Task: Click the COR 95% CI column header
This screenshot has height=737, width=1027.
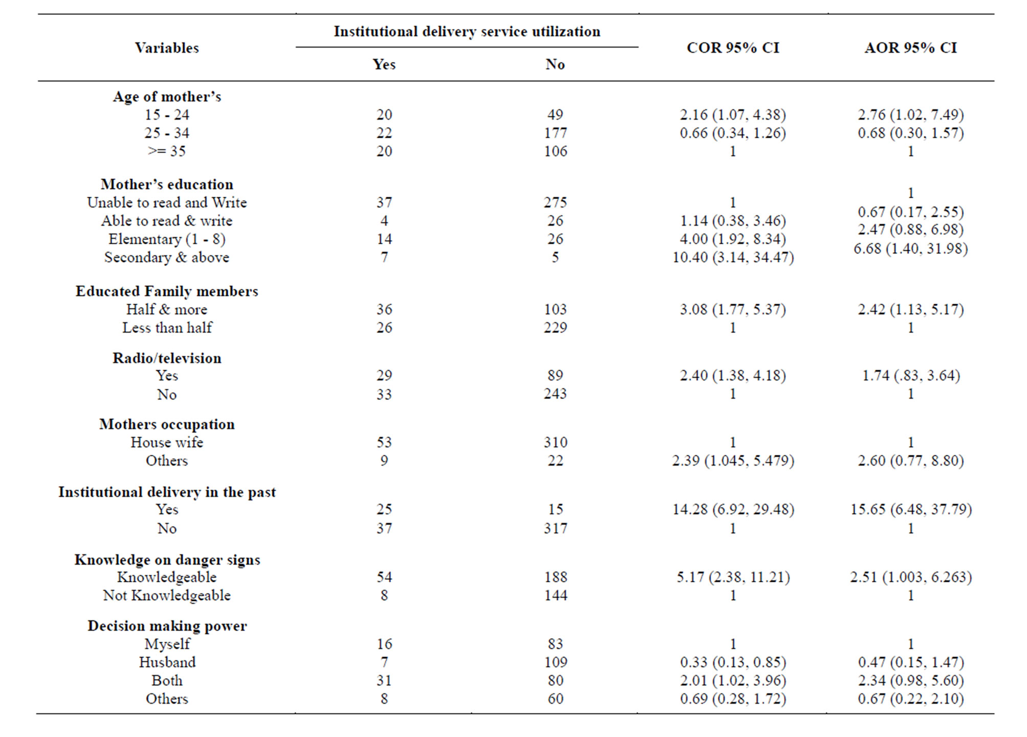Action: (732, 48)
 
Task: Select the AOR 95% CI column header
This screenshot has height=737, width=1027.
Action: (910, 48)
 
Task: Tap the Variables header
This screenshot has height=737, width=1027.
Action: (167, 48)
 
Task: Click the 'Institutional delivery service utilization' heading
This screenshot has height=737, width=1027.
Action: (467, 32)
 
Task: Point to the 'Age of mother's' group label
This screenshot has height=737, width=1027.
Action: (167, 97)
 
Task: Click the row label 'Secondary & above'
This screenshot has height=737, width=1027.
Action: (167, 257)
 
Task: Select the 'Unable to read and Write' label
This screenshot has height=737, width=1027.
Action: (167, 202)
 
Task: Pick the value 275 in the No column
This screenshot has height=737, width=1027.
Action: (555, 202)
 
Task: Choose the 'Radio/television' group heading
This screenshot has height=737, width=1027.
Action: (167, 358)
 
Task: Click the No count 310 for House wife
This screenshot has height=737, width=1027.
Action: (555, 442)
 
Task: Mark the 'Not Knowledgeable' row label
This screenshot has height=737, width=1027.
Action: (167, 595)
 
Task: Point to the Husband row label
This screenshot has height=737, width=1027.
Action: (167, 662)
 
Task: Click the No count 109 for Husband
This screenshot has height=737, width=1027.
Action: (555, 662)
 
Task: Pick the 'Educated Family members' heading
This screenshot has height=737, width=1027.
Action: (167, 291)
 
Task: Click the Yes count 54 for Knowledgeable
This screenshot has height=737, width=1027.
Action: (384, 577)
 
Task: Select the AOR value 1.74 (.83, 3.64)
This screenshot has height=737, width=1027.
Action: (910, 375)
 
